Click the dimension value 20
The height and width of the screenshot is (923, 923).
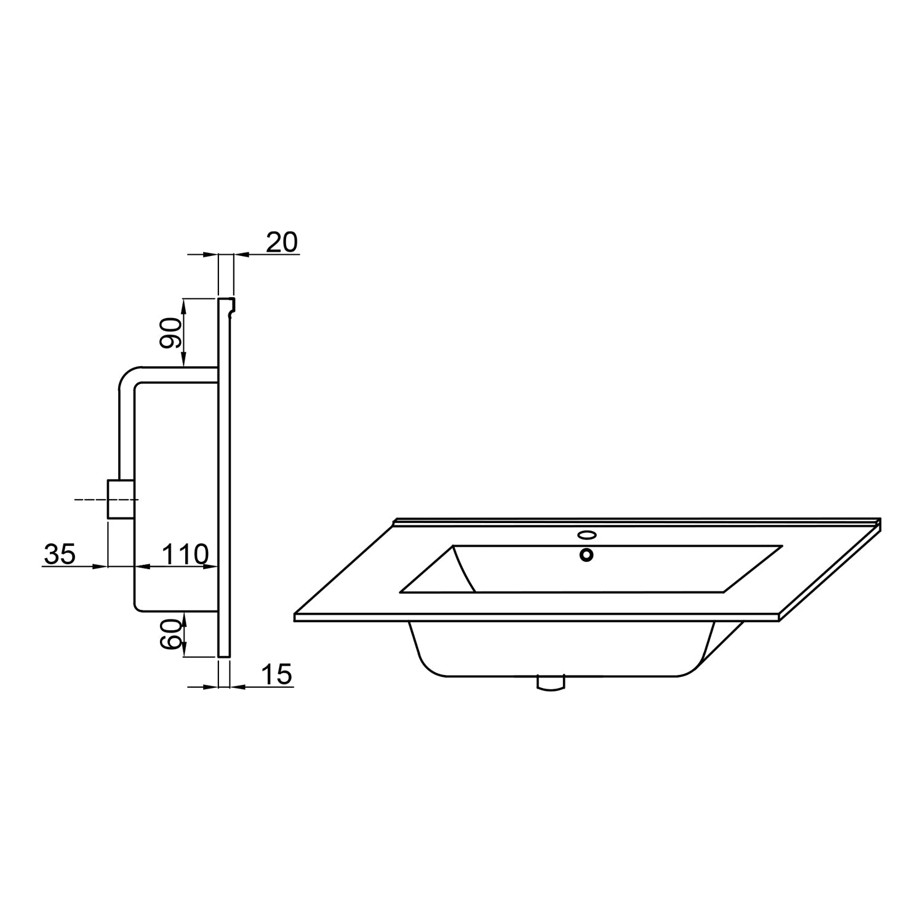tap(282, 242)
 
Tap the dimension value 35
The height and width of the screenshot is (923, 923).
tap(60, 554)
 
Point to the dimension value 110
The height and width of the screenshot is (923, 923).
tap(185, 555)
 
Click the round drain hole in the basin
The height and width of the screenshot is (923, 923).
tap(586, 555)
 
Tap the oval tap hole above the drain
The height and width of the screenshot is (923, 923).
tap(586, 535)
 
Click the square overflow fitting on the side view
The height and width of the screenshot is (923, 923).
tap(121, 499)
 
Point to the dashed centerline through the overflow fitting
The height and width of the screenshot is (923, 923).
tap(89, 500)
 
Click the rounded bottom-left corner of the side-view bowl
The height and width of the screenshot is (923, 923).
tap(139, 607)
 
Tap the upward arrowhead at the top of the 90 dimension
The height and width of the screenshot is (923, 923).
tap(184, 303)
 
